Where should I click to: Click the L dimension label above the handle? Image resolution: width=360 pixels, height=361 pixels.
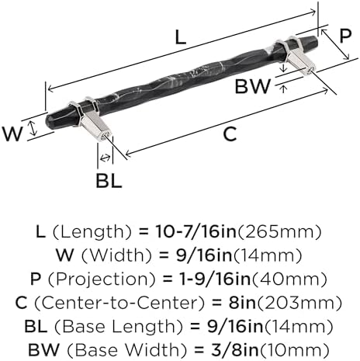[x=180, y=37]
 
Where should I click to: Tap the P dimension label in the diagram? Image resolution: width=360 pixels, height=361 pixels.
[x=345, y=36]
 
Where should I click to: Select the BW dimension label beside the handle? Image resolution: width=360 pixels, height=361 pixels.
[x=252, y=87]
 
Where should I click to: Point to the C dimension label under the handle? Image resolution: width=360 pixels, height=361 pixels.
[x=230, y=134]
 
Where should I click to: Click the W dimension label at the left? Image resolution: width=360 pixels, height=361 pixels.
[x=12, y=134]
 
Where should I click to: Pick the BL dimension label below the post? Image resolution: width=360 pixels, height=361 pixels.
[x=109, y=181]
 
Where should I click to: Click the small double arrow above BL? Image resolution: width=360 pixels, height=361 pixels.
[x=106, y=158]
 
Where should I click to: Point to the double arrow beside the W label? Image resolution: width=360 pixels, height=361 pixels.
[x=33, y=129]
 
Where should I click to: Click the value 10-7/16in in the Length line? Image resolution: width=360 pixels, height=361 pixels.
[x=196, y=231]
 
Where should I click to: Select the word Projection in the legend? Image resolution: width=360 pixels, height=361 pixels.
[x=102, y=279]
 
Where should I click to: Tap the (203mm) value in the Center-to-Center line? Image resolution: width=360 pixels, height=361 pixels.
[x=299, y=303]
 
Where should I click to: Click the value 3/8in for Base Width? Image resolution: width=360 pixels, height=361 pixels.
[x=235, y=350]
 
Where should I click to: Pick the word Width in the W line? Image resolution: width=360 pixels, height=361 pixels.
[x=116, y=255]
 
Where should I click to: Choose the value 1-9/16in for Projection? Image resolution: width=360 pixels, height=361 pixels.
[x=216, y=279]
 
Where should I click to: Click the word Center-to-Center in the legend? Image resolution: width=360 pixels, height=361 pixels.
[x=119, y=303]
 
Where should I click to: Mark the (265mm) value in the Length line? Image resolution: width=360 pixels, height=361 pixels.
[x=279, y=231]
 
